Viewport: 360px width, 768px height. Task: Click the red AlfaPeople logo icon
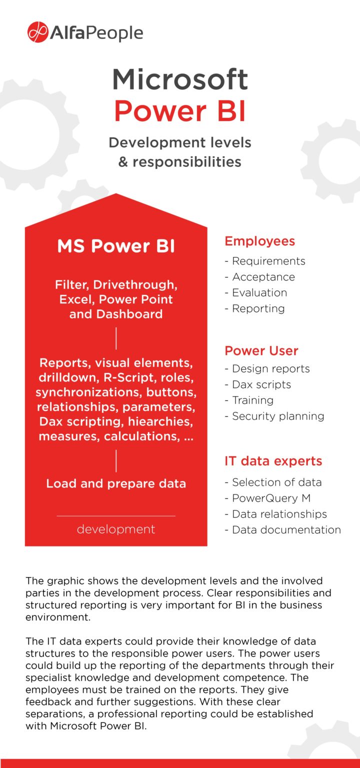[x=37, y=32]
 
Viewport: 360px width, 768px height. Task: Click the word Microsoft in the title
[x=179, y=79]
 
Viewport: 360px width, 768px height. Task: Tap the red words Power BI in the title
[x=179, y=111]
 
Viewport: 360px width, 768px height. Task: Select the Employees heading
[x=259, y=241]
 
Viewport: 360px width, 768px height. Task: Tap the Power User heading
[x=261, y=350]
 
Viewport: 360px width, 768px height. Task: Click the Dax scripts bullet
[x=261, y=384]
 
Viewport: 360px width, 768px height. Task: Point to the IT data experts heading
[x=273, y=461]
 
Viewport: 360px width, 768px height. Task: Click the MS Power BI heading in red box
[x=116, y=246]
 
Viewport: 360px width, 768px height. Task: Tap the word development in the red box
[x=116, y=529]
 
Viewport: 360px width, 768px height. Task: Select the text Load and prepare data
[x=116, y=483]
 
